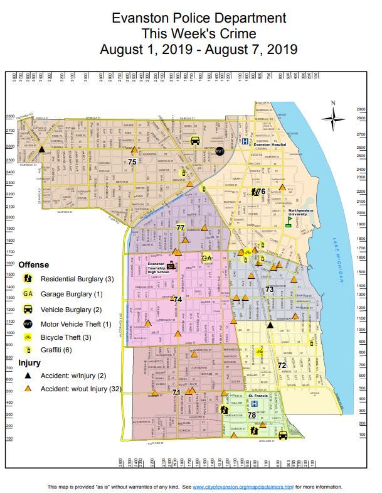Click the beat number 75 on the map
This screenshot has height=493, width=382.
point(132,162)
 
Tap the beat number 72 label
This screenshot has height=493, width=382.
point(282,365)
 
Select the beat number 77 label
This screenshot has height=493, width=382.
point(181,228)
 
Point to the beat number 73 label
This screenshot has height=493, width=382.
point(269,290)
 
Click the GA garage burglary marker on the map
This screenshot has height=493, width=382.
point(207,257)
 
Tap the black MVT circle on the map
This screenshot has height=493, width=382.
point(220,151)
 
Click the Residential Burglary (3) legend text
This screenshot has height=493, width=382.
point(77,278)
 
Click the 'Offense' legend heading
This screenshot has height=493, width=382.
point(34,264)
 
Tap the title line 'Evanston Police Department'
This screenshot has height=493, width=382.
point(190,18)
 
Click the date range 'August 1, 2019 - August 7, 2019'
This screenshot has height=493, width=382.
point(190,49)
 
